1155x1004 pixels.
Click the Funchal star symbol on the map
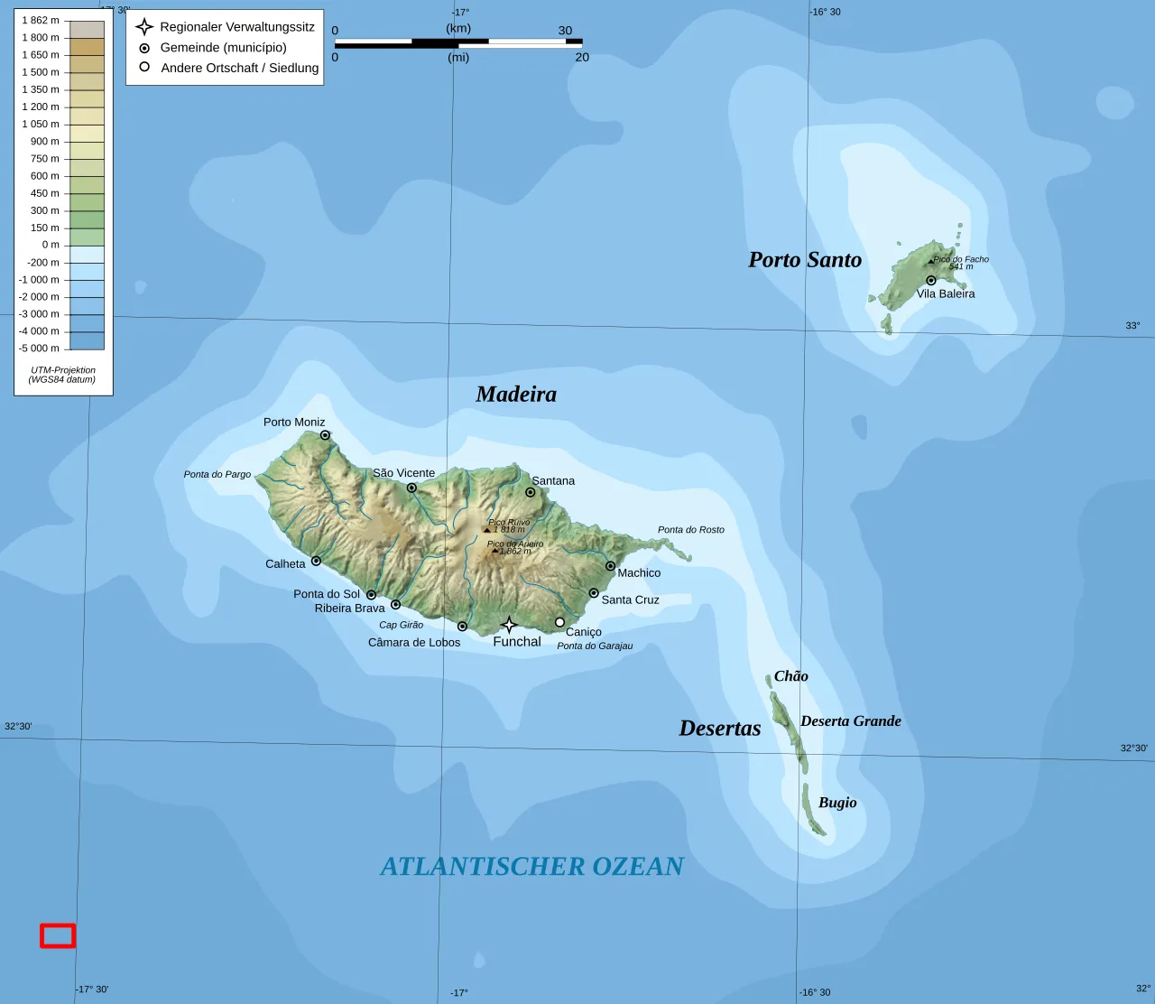509,625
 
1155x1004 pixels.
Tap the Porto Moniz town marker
325,435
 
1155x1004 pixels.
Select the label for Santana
553,481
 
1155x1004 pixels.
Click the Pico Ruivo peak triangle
487,530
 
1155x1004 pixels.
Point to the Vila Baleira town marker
931,281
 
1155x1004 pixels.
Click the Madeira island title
516,395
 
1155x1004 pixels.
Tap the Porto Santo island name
805,260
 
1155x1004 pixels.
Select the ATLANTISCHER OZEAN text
531,867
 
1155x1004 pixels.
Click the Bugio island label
837,803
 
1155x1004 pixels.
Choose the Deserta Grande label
850,720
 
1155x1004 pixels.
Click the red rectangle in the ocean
58,936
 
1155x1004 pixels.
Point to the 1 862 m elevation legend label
41,21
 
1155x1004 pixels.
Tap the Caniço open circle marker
559,622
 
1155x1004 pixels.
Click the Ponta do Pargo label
217,475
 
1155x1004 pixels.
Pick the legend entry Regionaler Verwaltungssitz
237,27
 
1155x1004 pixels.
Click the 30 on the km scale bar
565,31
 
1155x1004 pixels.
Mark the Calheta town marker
316,561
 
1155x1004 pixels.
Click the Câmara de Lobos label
414,643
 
